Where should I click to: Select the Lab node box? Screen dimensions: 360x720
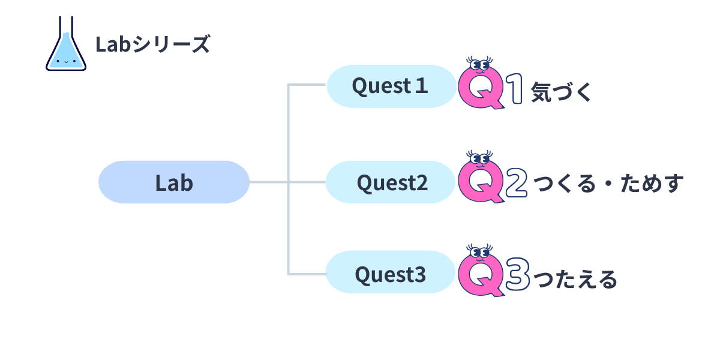click(174, 182)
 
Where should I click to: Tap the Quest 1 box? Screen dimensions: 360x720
click(391, 86)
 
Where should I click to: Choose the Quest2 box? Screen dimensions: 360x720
click(391, 182)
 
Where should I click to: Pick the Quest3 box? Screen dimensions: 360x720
click(391, 275)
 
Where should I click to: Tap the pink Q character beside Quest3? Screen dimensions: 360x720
click(480, 276)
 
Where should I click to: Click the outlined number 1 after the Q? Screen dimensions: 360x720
click(515, 91)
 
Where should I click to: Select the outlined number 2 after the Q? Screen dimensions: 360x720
click(516, 185)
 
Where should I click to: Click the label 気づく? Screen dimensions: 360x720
click(562, 92)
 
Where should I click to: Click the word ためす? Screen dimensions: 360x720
click(654, 185)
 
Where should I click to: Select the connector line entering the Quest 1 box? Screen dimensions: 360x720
click(307, 85)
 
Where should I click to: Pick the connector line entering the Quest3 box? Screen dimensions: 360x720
click(307, 274)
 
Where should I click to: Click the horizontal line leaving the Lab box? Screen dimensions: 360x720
click(268, 182)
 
